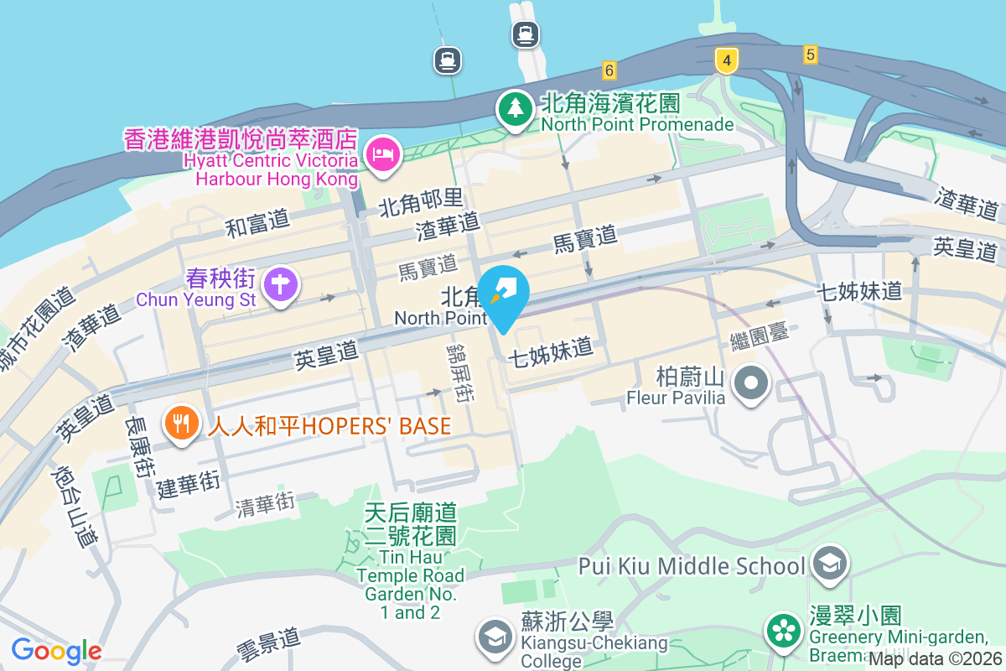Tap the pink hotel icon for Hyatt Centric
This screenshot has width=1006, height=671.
pos(383,154)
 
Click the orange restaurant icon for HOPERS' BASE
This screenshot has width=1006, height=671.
pos(181,422)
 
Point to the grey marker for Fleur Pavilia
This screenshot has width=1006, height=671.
pos(751,384)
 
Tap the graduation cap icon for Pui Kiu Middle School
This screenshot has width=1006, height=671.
pos(830,563)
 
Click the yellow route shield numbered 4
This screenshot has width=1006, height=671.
pos(726,60)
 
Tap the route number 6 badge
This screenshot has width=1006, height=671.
pos(609,70)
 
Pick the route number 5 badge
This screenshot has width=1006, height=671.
pos(809,55)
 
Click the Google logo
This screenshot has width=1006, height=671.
pos(55,650)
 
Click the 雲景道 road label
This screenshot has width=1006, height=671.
pos(268,643)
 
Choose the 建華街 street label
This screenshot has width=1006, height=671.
pos(189,484)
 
